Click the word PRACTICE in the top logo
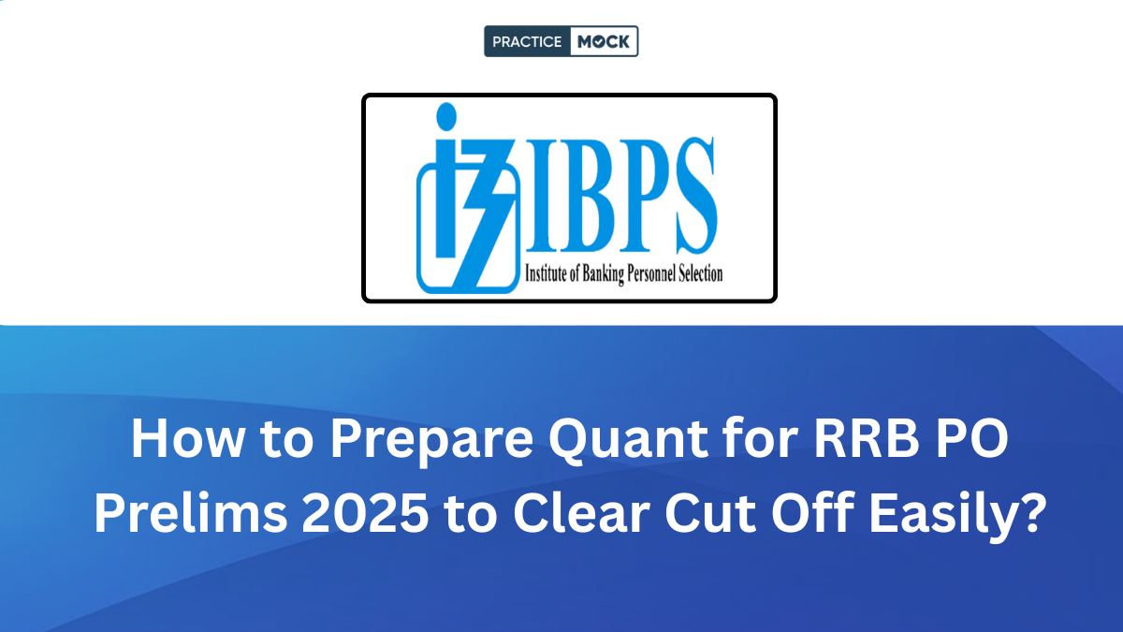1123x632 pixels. click(x=528, y=42)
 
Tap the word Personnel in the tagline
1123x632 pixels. click(x=646, y=274)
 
